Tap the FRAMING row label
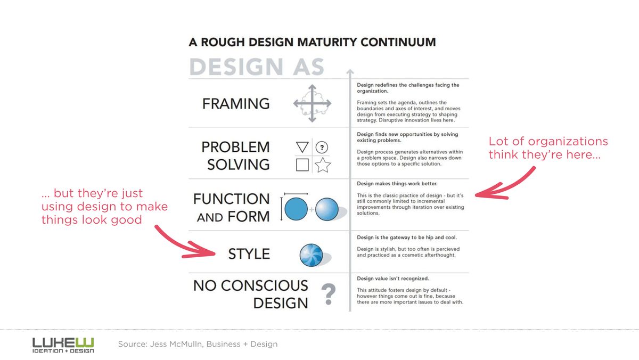point(236,103)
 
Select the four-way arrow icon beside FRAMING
point(313,103)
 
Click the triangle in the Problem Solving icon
point(302,147)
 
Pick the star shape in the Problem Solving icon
point(323,165)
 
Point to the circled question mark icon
point(322,148)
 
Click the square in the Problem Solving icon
point(302,165)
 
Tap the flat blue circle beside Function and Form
point(296,209)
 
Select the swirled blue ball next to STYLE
point(311,255)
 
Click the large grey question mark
point(329,294)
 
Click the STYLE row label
point(249,254)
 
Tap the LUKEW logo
point(63,345)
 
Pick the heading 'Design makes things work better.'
point(397,184)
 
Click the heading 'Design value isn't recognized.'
point(393,279)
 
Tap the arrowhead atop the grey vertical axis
point(350,71)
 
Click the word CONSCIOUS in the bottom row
point(265,285)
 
